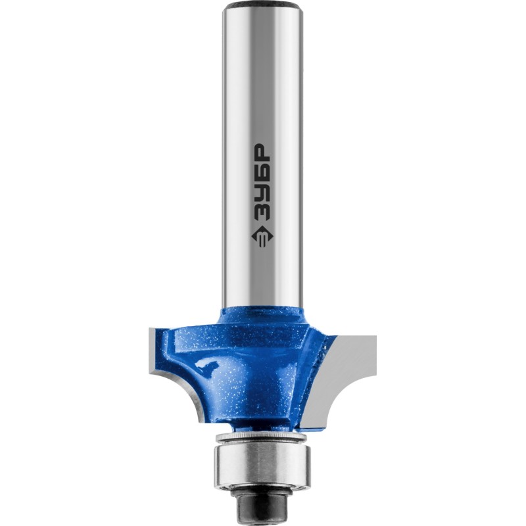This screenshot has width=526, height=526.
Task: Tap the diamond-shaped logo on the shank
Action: tap(262, 237)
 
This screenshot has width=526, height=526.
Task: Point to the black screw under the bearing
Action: tap(262, 502)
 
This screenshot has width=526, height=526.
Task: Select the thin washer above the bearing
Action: tap(262, 438)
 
